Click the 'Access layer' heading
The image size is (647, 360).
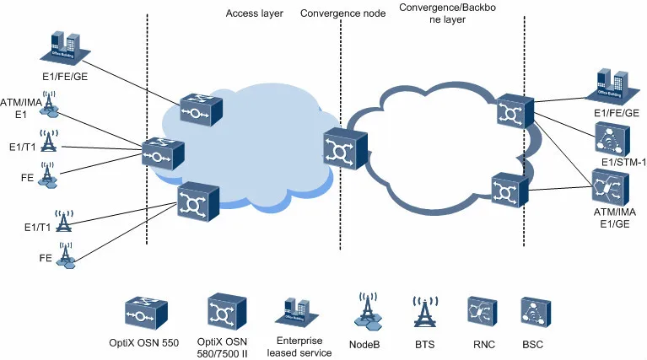(256, 13)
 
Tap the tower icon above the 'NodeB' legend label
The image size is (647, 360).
(368, 313)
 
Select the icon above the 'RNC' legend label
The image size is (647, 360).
(477, 313)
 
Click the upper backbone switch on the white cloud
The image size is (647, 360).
(512, 111)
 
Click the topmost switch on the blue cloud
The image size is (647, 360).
(200, 111)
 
